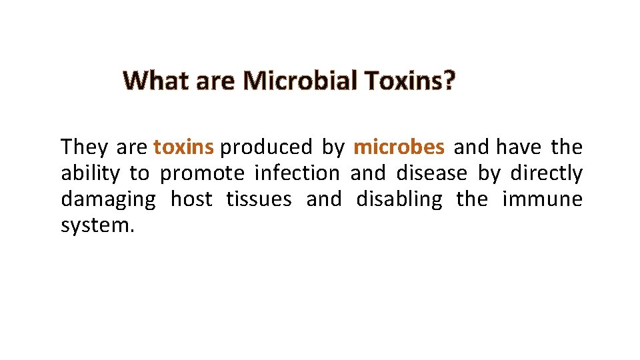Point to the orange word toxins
coord(183,146)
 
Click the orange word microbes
coord(399,146)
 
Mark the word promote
coord(203,174)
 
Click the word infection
coord(297,173)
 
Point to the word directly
coord(546,173)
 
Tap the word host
coord(191,200)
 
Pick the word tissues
coord(259,200)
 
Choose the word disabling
coord(399,200)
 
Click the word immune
coord(544,200)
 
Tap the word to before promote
coord(139,174)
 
